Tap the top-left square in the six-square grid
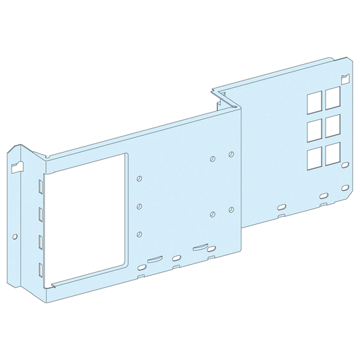point(314,103)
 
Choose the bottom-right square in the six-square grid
point(332,155)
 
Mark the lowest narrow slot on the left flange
point(41,268)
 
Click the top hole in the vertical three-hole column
point(139,179)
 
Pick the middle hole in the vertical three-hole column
point(139,206)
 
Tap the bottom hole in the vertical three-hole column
point(139,234)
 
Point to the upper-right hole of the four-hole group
point(232,155)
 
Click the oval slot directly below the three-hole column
point(141,268)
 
